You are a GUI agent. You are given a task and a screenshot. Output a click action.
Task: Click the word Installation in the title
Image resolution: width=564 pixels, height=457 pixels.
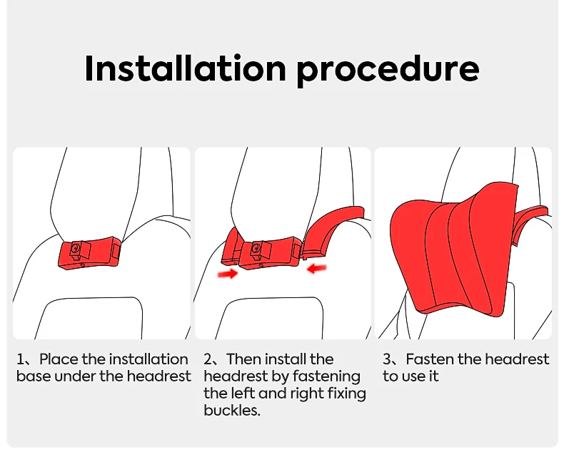[185, 68]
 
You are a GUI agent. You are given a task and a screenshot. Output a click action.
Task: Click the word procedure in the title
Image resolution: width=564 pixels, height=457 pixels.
[388, 71]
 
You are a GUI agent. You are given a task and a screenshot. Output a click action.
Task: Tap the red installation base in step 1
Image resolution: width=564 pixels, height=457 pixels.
[89, 252]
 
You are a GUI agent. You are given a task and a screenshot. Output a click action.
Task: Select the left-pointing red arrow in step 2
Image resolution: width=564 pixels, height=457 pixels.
[316, 267]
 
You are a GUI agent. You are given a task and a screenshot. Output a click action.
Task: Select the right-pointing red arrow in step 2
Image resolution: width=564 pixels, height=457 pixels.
[228, 274]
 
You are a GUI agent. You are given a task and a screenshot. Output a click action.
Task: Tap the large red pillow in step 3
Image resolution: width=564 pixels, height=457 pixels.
[454, 250]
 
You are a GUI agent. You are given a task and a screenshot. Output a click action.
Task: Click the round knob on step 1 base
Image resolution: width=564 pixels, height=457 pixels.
[76, 249]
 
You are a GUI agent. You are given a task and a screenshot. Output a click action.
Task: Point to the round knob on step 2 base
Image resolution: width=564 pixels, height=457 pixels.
[256, 249]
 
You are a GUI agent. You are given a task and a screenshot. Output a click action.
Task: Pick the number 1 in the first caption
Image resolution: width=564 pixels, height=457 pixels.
[21, 359]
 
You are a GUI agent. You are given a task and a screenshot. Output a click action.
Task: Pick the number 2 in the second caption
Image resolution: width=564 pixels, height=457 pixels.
[208, 359]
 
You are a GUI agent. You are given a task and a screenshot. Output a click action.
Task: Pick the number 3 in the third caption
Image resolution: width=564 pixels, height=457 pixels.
[387, 359]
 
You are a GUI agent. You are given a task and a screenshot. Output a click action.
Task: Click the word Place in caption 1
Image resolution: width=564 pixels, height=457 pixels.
[59, 359]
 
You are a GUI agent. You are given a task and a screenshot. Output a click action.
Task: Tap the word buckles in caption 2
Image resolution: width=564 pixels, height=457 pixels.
[231, 410]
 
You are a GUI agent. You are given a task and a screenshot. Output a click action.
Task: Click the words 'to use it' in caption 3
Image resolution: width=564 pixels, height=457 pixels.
[411, 376]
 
